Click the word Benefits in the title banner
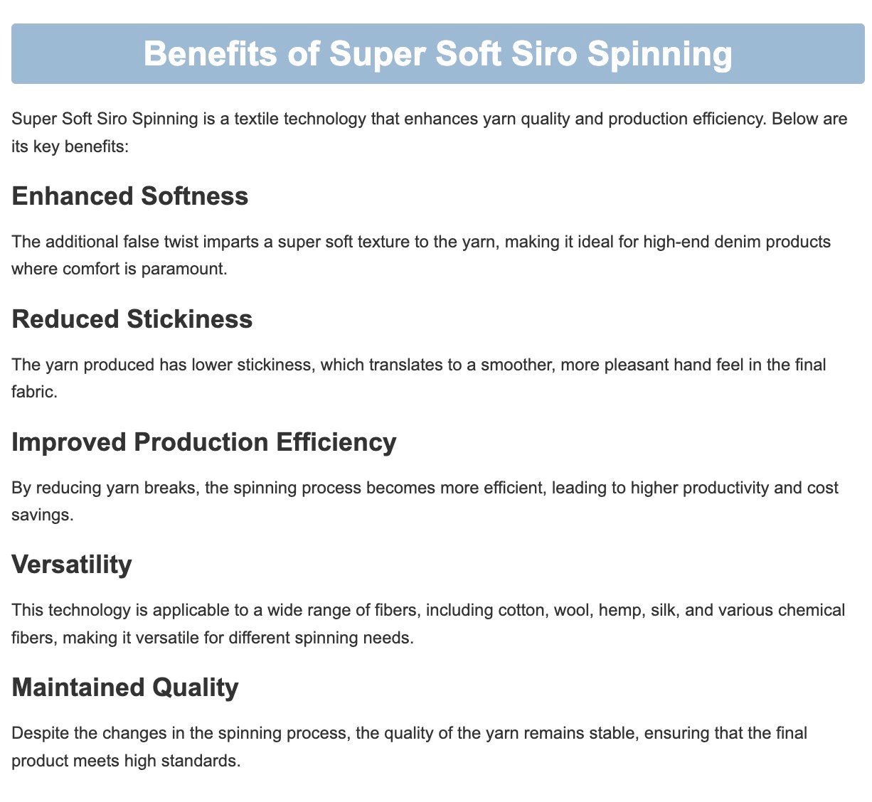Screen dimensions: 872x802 pyautogui.click(x=210, y=53)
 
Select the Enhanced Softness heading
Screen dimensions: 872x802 pyautogui.click(x=130, y=196)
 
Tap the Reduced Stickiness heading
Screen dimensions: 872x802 pyautogui.click(x=132, y=319)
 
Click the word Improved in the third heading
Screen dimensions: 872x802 pyautogui.click(x=69, y=442)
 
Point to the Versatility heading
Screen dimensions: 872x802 pyautogui.click(x=72, y=565)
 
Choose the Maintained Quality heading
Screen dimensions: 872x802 pyautogui.click(x=125, y=688)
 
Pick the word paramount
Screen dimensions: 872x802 pyautogui.click(x=184, y=269)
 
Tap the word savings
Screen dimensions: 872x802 pyautogui.click(x=43, y=515)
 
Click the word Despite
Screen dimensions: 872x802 pyautogui.click(x=40, y=733)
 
